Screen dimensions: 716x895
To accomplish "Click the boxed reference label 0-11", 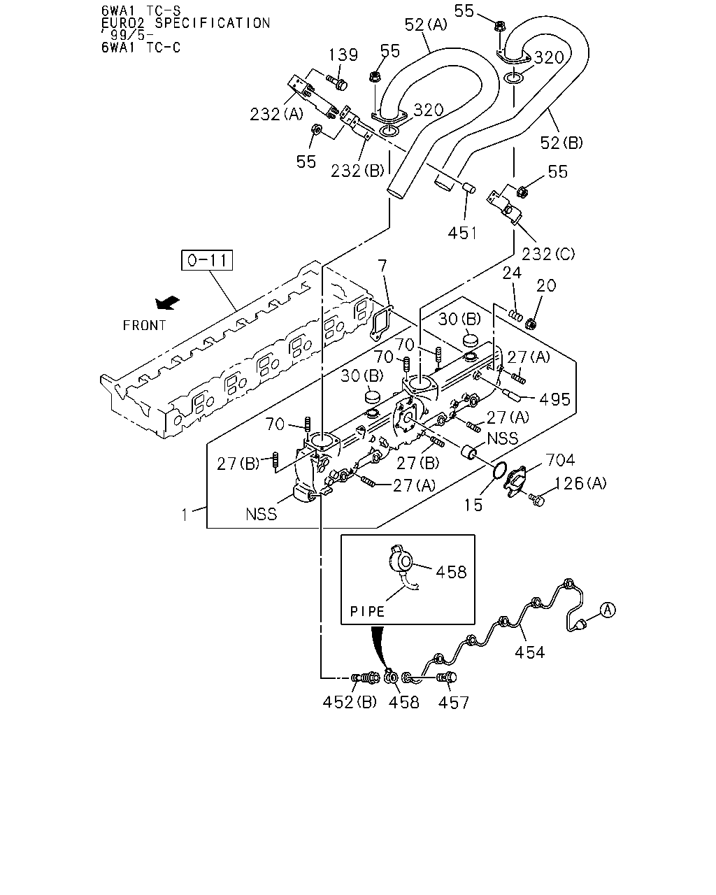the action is click(x=207, y=260).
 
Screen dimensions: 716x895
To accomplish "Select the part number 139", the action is click(x=343, y=55).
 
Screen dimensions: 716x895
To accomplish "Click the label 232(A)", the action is click(x=277, y=114).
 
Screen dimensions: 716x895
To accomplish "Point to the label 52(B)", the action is click(x=561, y=143).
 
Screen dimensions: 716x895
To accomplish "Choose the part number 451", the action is click(x=462, y=233).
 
